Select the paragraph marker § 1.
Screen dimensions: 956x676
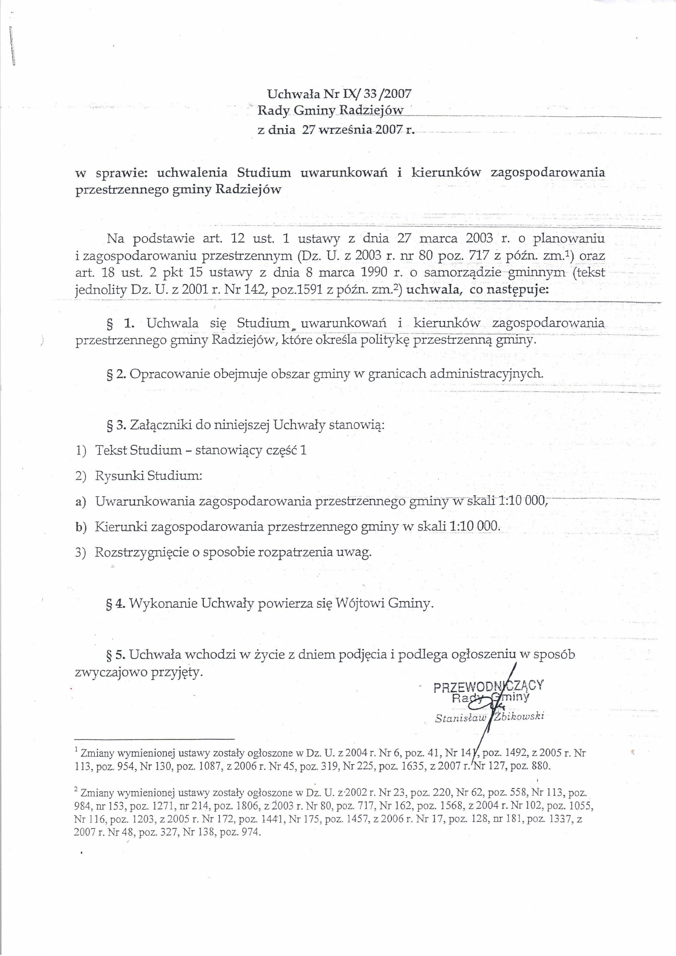(x=121, y=323)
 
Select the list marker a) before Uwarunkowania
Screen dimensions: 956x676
(x=80, y=502)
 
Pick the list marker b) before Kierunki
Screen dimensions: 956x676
(x=80, y=527)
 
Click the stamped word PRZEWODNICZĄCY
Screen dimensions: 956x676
(x=488, y=686)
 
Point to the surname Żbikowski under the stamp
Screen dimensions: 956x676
(x=520, y=716)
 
